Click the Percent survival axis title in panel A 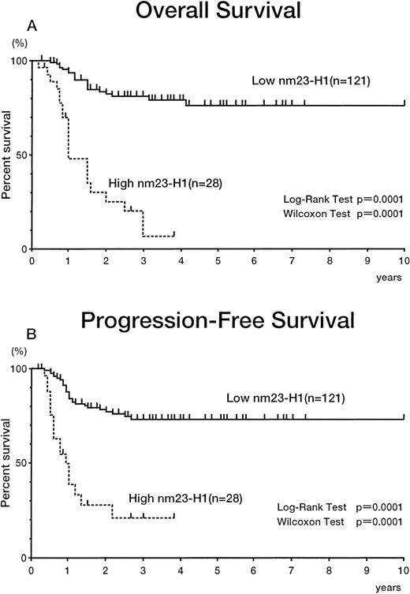pos(7,155)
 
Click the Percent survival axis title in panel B pos(7,464)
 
